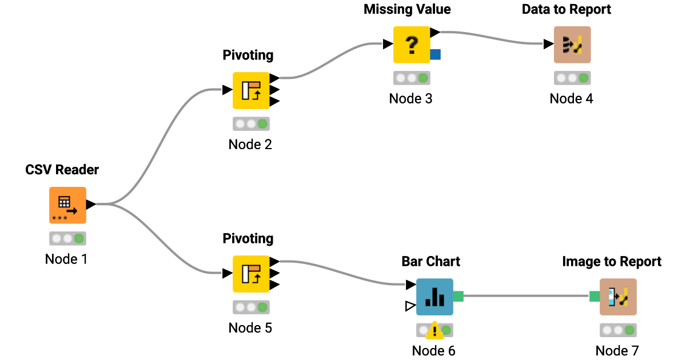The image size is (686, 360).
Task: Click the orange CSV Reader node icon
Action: coord(67,205)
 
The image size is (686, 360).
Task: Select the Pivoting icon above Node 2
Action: coord(251,90)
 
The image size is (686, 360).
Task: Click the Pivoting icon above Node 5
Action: coord(251,274)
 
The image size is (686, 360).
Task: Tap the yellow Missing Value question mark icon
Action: coord(412,45)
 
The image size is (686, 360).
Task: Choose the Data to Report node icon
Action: coord(572,45)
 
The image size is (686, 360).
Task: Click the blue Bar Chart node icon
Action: coord(434,297)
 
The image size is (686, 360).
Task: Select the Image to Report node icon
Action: coord(617,297)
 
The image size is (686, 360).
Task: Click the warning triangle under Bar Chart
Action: coord(434,330)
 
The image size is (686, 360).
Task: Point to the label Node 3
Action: coord(410,99)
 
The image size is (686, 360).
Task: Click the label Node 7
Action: coord(617,351)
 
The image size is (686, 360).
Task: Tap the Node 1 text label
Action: coord(66,259)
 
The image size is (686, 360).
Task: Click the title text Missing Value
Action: coord(407,10)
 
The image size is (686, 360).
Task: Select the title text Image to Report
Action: coord(612,262)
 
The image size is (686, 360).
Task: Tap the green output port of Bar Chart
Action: coord(458,296)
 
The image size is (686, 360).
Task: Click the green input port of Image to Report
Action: coord(595,296)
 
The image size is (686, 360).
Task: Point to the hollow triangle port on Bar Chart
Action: coord(409,307)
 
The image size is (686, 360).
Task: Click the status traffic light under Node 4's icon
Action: coord(572,78)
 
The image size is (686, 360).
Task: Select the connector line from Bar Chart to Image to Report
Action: coord(526,296)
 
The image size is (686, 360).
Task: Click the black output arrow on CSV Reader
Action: coord(90,204)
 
